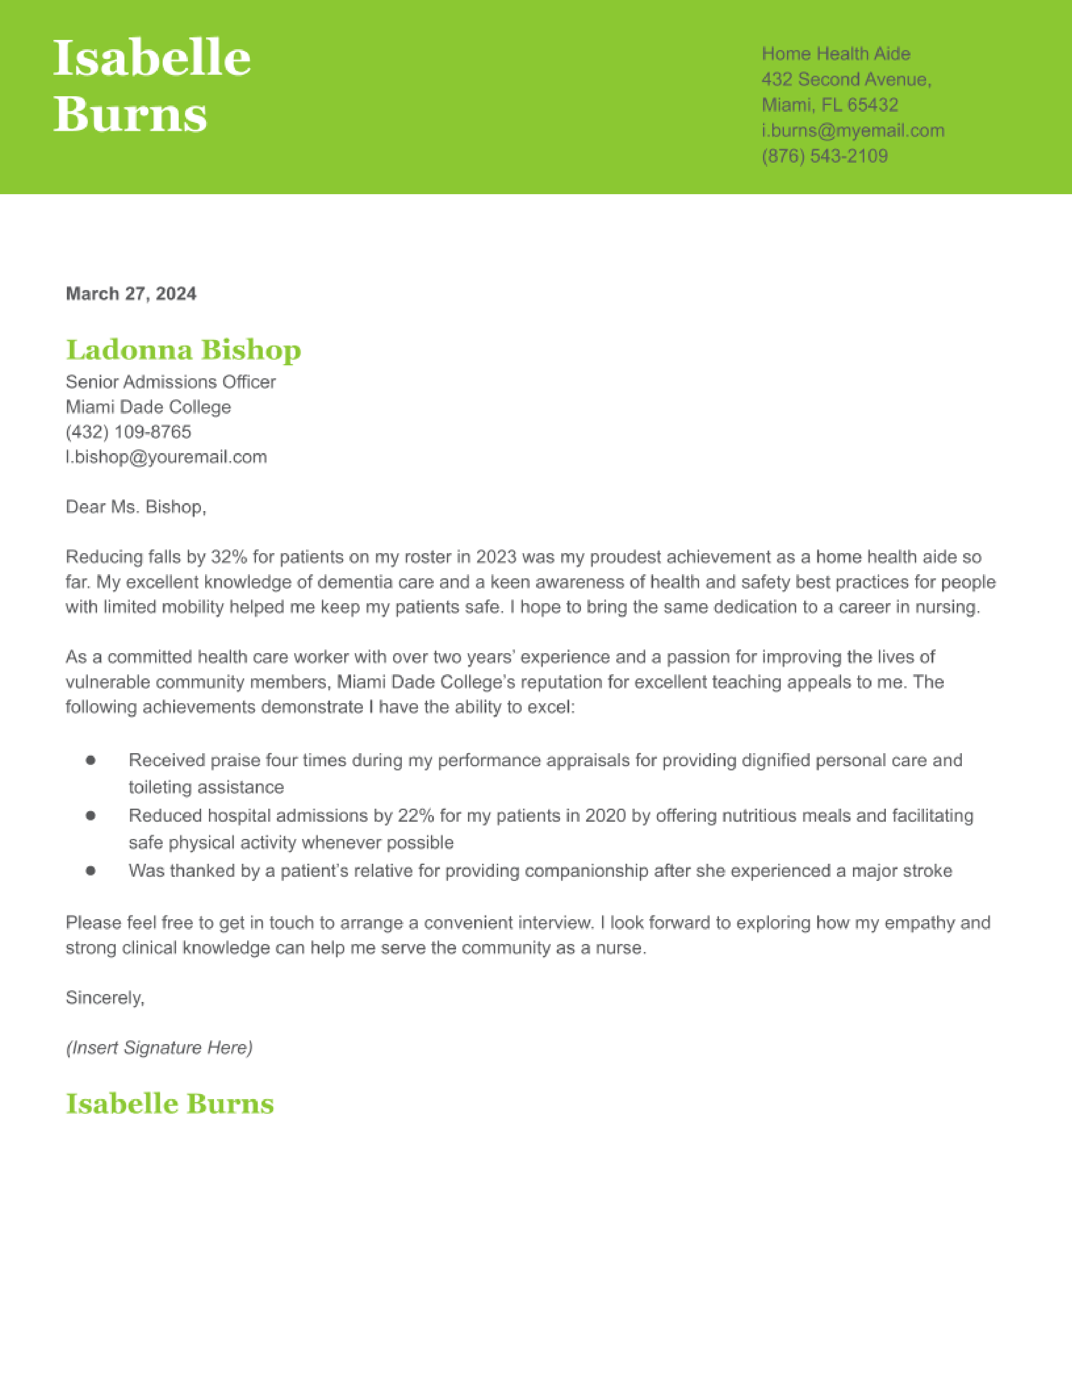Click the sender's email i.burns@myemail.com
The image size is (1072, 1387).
pos(852,131)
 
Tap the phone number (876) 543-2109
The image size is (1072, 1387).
pos(824,156)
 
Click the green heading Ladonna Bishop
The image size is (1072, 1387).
pos(184,350)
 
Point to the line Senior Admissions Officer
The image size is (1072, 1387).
pos(170,382)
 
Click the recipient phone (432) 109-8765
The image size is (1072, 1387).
pos(128,432)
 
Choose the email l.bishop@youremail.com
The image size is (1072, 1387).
pos(166,457)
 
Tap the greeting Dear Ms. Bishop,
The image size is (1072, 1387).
pos(136,507)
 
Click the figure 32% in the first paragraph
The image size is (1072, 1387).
pos(229,557)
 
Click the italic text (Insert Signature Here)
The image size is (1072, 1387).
pos(159,1048)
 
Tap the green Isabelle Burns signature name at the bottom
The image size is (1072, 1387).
pos(169,1104)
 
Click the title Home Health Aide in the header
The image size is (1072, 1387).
pos(836,54)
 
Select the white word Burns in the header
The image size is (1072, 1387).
pos(130,114)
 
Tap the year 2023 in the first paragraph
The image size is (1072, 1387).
pos(496,557)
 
